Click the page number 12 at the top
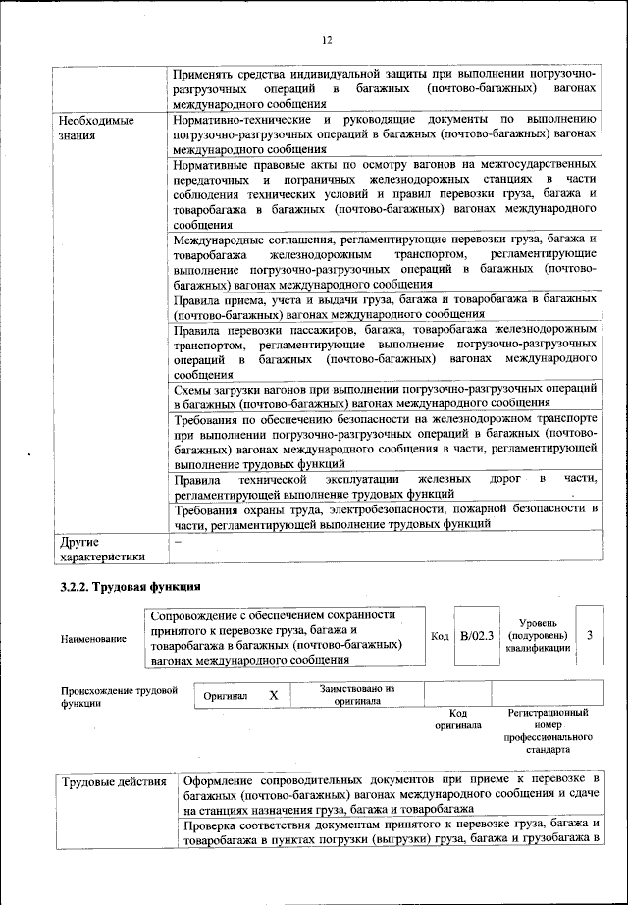click(x=327, y=39)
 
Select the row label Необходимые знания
click(x=95, y=128)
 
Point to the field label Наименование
click(x=93, y=639)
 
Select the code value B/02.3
click(x=479, y=636)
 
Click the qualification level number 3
click(x=589, y=636)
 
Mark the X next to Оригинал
click(x=274, y=695)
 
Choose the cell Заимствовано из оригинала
click(x=356, y=695)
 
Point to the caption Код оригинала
click(x=456, y=719)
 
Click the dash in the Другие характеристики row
click(x=178, y=541)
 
